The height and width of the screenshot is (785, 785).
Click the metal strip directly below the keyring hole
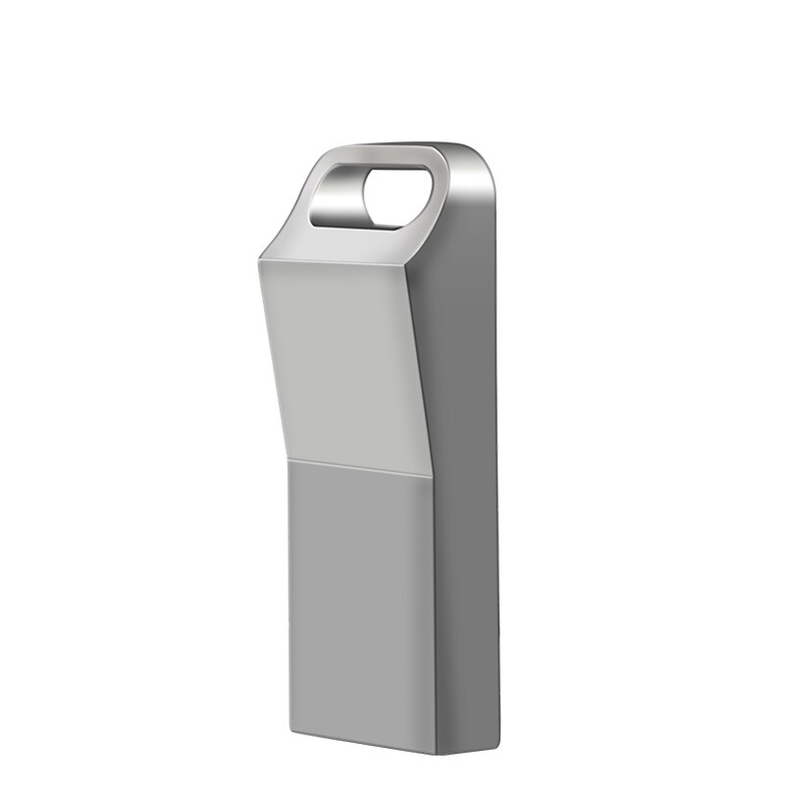point(368,235)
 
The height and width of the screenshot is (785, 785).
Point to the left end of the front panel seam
point(290,457)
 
